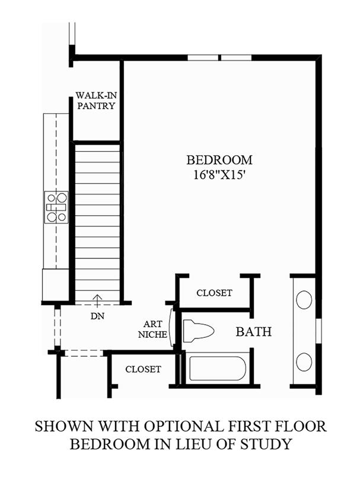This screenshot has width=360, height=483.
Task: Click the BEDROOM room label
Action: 219,160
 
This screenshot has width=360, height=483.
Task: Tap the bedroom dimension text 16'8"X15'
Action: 219,175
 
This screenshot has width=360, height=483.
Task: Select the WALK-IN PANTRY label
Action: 96,100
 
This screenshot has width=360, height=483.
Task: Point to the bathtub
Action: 218,369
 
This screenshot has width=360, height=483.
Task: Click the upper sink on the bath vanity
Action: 304,299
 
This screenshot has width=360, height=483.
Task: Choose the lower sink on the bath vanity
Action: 304,362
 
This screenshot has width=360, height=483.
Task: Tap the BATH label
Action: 254,332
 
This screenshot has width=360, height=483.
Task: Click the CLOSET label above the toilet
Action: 214,293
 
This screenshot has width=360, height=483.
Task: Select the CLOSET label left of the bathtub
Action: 143,369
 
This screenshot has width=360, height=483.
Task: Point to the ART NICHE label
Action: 152,329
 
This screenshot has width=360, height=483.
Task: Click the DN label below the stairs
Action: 97,316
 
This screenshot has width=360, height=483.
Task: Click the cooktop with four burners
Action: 56,207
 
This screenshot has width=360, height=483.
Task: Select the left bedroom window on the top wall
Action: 203,57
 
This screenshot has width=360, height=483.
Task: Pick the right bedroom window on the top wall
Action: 237,57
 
